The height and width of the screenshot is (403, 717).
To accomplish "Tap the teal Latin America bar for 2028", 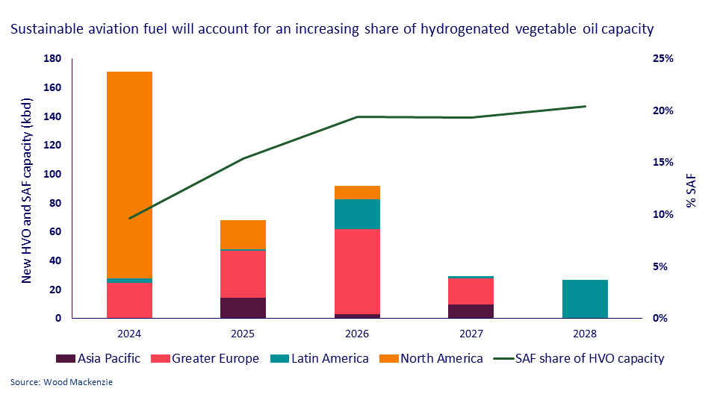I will [x=586, y=299].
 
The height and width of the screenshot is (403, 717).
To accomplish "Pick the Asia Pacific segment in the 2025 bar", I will [x=243, y=307].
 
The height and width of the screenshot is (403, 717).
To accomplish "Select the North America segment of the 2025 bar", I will [x=243, y=234].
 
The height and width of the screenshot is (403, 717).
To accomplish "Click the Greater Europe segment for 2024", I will [x=130, y=300].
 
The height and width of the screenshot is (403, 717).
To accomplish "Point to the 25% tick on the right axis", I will [x=662, y=59].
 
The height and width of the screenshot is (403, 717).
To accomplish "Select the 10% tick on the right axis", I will [x=662, y=215].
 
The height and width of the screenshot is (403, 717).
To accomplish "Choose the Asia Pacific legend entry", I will [x=100, y=358].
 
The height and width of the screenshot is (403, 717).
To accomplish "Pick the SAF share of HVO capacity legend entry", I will [x=579, y=358].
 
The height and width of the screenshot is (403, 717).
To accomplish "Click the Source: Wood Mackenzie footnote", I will [x=62, y=383].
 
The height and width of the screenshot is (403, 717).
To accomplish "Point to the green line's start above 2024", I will [x=130, y=219].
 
